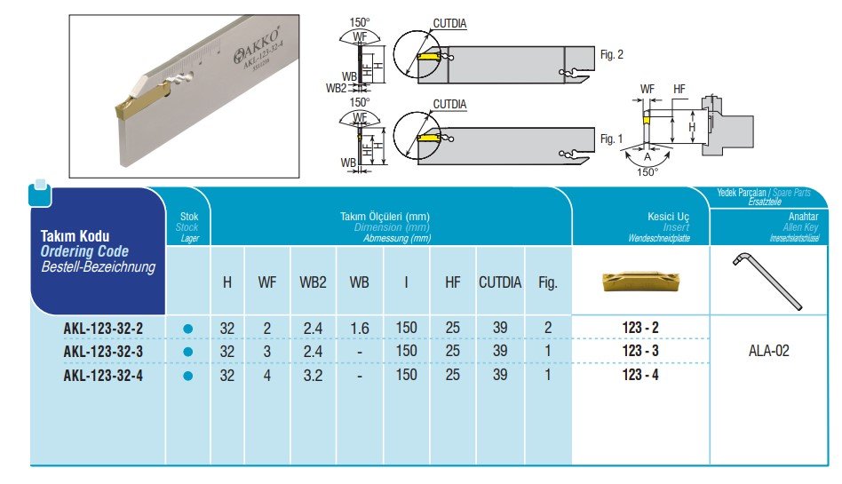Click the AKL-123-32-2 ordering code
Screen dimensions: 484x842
point(103,329)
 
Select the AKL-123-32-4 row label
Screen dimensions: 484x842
point(103,376)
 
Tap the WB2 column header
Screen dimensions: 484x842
point(312,283)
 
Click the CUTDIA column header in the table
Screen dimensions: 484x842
point(500,283)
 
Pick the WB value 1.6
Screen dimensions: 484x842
point(360,329)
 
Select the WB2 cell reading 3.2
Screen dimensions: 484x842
point(312,376)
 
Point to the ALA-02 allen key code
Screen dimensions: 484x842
point(769,351)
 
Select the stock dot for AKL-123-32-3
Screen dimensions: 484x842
point(187,353)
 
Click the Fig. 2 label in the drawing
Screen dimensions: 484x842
point(612,55)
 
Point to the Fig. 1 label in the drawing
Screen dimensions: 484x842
point(612,139)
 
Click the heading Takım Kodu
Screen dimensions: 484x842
point(75,236)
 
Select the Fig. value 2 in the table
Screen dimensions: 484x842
point(548,329)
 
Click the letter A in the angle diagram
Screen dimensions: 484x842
point(647,156)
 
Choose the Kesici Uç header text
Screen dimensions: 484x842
point(668,217)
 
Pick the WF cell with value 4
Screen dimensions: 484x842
point(266,376)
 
